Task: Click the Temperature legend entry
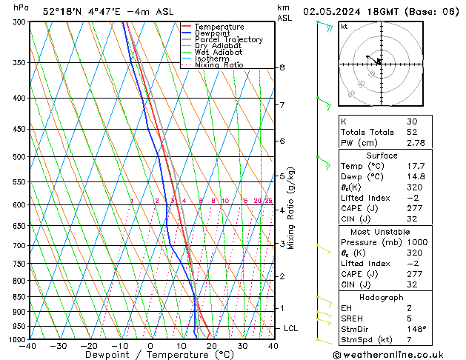219,27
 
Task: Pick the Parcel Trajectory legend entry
228,40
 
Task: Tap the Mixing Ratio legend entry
219,65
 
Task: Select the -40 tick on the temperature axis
28,346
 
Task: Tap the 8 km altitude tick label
282,67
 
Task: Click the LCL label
291,328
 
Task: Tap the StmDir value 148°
415,330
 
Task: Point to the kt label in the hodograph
344,27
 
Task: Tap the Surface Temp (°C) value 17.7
416,167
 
